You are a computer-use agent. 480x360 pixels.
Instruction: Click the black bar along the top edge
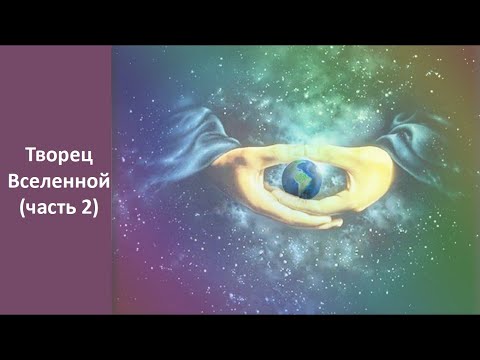click(x=240, y=20)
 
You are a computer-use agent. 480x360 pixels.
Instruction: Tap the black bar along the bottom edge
click(x=240, y=338)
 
